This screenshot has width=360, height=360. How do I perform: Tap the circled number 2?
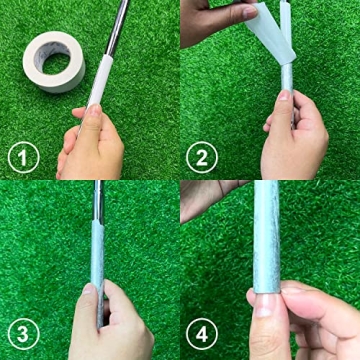(204, 158)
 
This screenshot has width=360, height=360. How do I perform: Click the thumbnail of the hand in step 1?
(91, 116)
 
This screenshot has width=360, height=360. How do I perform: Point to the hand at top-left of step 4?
(205, 195)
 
